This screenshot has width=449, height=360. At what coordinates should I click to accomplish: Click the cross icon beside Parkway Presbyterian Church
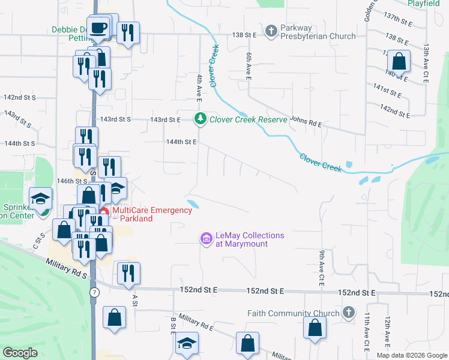(271, 31)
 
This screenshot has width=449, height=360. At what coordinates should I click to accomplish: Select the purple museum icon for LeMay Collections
(206, 239)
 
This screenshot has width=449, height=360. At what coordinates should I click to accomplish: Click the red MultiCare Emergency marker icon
(104, 211)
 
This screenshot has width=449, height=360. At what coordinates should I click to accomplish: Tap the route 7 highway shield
(94, 292)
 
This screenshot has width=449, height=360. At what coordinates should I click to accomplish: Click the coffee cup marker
(100, 27)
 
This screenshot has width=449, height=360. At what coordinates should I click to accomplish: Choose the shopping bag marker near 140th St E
(399, 61)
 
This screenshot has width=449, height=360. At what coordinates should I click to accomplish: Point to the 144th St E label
(182, 142)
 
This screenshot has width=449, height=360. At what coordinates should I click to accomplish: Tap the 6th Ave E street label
(247, 65)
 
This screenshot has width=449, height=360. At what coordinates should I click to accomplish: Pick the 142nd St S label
(20, 97)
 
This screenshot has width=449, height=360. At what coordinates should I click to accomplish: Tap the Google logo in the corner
(20, 353)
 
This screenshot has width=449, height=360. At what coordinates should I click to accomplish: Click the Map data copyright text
(411, 355)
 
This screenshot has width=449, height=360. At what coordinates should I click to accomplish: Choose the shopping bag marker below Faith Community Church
(315, 329)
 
